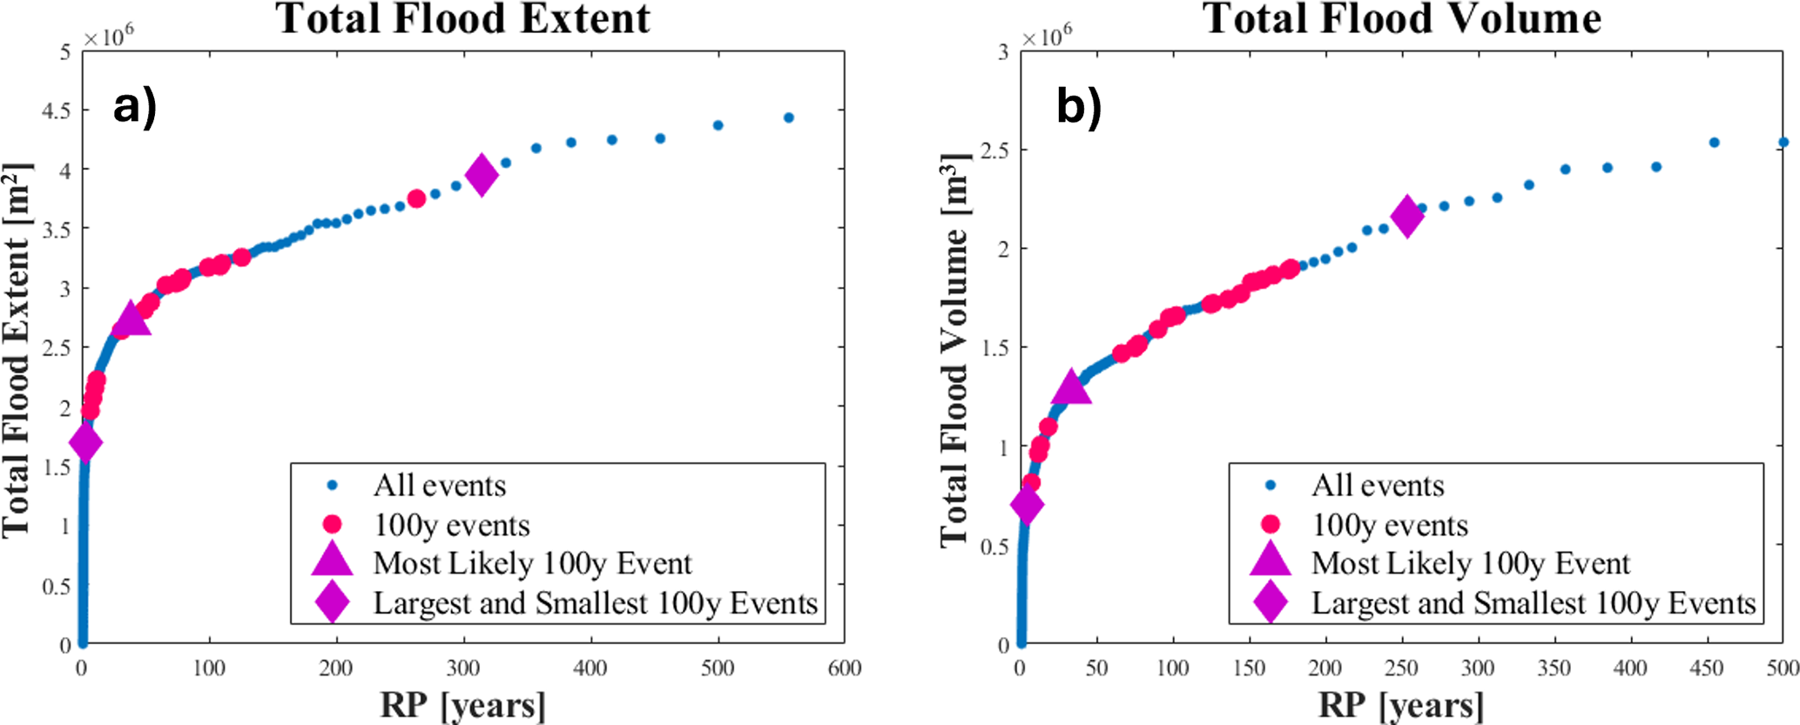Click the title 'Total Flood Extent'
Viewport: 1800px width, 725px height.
(x=463, y=19)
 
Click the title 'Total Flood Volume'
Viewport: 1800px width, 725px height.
(x=1402, y=19)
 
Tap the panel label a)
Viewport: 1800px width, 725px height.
(x=135, y=108)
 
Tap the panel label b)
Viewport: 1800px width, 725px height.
(x=1078, y=108)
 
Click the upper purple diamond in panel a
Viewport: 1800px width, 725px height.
(x=482, y=175)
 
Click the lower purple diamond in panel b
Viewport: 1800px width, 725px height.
(x=1027, y=505)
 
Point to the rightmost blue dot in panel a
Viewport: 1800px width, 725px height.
(x=789, y=117)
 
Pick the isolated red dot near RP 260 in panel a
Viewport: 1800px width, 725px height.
(x=416, y=198)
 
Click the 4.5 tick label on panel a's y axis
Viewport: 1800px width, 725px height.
(x=57, y=111)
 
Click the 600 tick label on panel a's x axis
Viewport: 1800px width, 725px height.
(x=844, y=668)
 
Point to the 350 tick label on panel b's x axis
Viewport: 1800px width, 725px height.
(x=1554, y=668)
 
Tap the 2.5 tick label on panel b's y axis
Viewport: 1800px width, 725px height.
(x=994, y=151)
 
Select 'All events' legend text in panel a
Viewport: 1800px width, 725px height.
(x=440, y=486)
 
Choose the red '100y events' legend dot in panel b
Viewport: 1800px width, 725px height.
(x=1271, y=524)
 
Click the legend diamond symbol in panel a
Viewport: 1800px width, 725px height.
(x=333, y=602)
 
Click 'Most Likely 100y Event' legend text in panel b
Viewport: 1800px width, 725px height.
(x=1471, y=564)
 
